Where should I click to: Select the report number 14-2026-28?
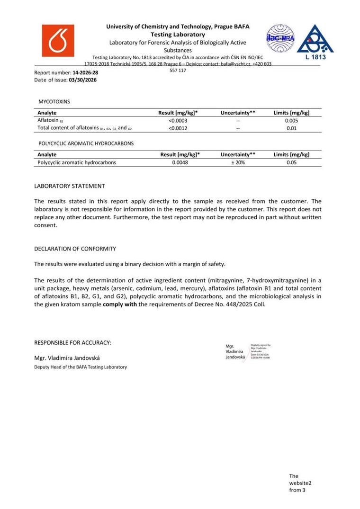pos(85,73)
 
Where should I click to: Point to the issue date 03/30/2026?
pos(82,80)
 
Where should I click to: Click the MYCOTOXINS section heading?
pos(54,101)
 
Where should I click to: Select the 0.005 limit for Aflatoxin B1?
pos(291,120)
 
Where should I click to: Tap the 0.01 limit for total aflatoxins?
pos(291,128)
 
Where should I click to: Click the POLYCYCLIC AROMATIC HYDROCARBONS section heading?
pos(85,143)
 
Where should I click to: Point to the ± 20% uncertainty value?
pos(238,162)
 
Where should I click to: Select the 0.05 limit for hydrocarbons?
pos(291,162)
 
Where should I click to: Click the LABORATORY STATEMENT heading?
pos(70,186)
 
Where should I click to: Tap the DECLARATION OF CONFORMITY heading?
pos(75,249)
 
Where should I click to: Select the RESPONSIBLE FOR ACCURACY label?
pos(73,342)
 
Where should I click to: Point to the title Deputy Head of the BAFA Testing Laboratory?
pos(81,367)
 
